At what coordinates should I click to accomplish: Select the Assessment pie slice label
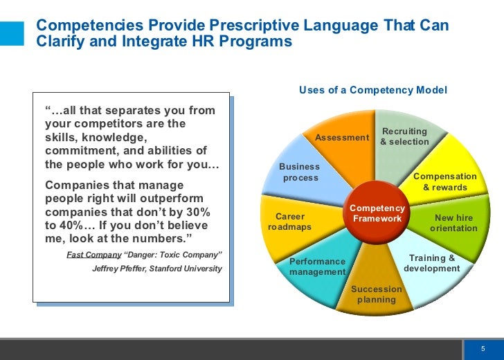(342, 138)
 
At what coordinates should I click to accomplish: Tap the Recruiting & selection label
(404, 136)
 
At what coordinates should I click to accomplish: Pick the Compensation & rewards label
(444, 182)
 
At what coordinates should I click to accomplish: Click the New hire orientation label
(453, 223)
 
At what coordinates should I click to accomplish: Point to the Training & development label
(431, 263)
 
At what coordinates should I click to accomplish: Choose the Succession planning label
(376, 294)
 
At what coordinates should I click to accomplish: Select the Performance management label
(317, 267)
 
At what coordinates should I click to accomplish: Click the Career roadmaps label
(289, 222)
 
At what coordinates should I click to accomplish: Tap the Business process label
(300, 172)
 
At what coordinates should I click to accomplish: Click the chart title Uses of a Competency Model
(372, 91)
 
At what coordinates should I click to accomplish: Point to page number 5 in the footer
(484, 348)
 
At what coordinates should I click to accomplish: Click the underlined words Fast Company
(93, 255)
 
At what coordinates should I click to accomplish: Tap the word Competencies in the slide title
(81, 26)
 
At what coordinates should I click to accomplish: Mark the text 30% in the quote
(196, 211)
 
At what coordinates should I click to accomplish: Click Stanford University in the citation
(190, 269)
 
